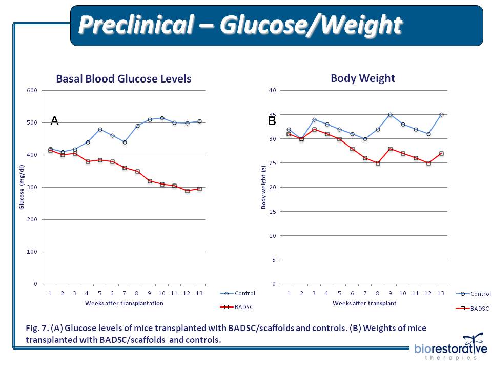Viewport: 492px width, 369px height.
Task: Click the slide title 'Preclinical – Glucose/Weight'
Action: (240, 25)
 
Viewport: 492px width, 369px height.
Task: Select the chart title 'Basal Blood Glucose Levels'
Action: (124, 79)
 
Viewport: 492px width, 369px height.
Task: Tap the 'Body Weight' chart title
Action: (363, 78)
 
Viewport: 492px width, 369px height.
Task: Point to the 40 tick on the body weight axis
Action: (272, 91)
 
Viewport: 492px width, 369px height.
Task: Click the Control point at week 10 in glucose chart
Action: (162, 118)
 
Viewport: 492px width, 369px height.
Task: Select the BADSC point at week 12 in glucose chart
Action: (187, 191)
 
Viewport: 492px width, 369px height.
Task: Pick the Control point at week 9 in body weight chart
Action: (391, 114)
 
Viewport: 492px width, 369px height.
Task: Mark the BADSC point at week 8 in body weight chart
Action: (378, 163)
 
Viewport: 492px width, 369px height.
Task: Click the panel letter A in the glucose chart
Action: (54, 121)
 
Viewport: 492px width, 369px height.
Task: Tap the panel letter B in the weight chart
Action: (272, 121)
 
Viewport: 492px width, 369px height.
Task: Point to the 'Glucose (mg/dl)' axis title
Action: (22, 187)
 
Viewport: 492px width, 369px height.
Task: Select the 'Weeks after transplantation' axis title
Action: (124, 303)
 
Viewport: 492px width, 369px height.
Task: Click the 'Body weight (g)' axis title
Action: (264, 187)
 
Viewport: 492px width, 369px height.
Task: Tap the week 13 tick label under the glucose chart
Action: (199, 293)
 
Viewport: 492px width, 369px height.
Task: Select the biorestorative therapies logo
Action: (451, 349)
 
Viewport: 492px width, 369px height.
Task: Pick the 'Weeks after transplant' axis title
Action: (364, 303)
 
